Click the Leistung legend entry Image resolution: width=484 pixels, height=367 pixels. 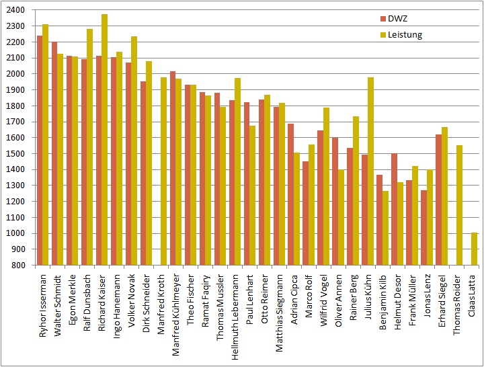(x=404, y=34)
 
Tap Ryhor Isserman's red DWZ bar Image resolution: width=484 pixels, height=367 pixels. (x=40, y=151)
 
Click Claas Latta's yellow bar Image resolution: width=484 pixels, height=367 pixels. (x=474, y=249)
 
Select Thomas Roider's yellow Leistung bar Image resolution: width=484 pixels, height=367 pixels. (x=459, y=205)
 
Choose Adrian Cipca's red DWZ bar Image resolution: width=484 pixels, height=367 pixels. (x=290, y=194)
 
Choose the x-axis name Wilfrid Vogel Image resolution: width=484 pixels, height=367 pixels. (x=324, y=299)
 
